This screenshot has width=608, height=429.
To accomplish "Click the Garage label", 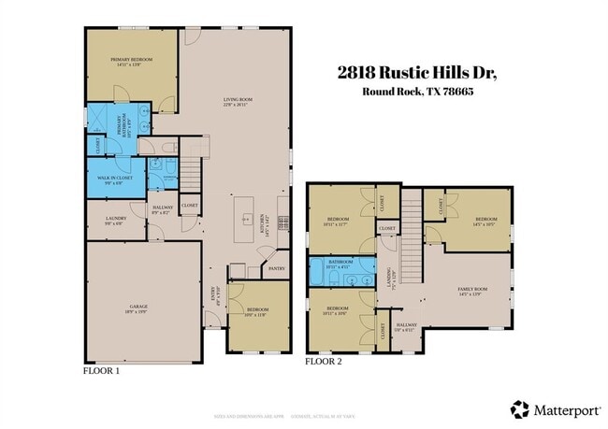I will (139, 308).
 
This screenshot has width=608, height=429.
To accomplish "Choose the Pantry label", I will (276, 268).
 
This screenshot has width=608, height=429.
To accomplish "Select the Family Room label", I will (472, 292).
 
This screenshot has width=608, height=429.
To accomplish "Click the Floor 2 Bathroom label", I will (340, 264).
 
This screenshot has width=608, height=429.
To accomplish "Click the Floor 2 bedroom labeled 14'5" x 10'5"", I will (484, 222).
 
